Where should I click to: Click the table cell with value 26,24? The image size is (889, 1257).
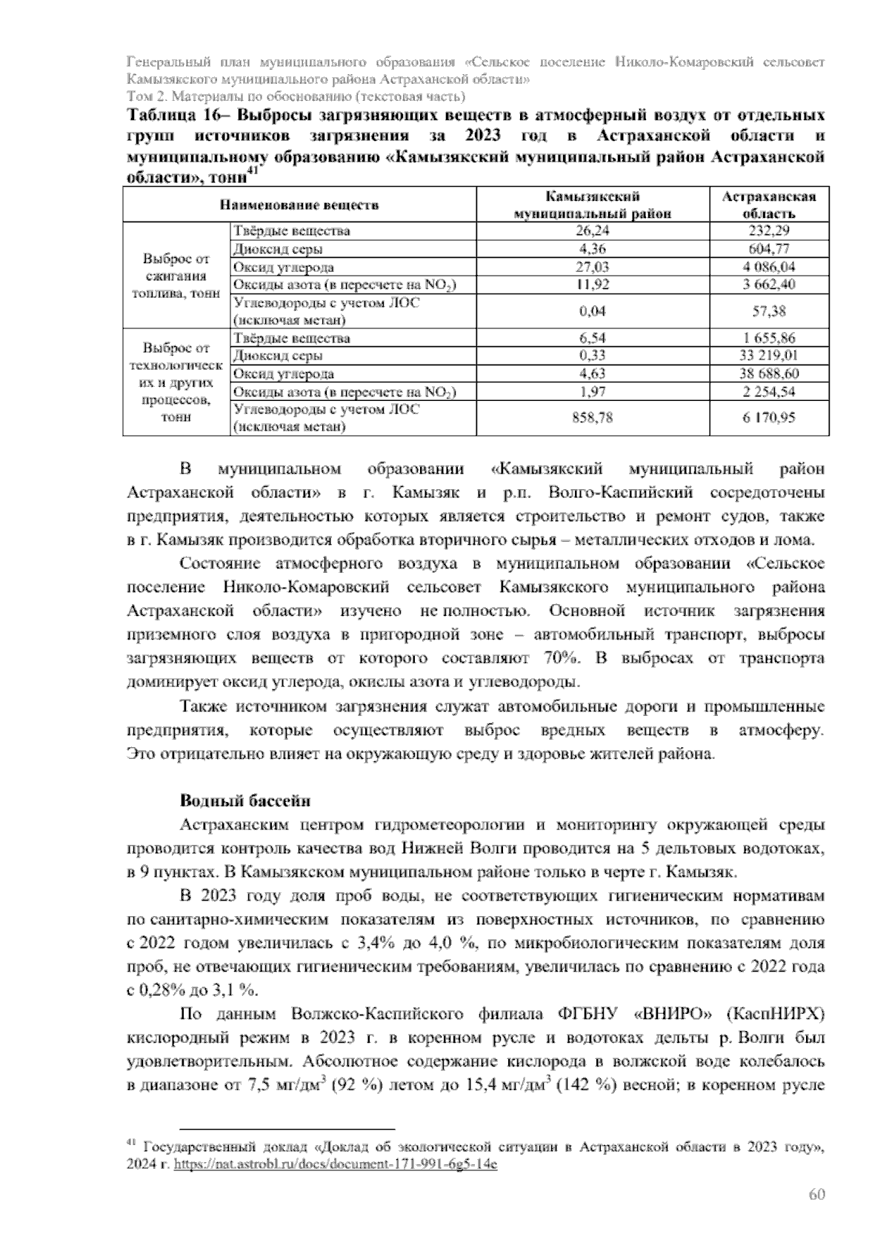click(x=592, y=230)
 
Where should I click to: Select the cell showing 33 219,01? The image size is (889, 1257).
click(x=769, y=356)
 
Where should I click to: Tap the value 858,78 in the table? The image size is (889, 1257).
click(x=592, y=418)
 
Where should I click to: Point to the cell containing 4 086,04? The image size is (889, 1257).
click(x=769, y=267)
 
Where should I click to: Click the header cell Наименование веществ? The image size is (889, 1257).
click(x=299, y=205)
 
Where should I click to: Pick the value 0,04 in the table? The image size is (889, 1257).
click(x=592, y=311)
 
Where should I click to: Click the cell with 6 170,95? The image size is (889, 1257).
click(x=769, y=418)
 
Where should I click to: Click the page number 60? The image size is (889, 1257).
click(x=816, y=1194)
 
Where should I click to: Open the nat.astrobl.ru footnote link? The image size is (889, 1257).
click(x=334, y=1164)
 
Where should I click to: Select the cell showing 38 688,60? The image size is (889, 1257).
click(x=769, y=374)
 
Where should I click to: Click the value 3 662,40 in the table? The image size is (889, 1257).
click(x=769, y=285)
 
